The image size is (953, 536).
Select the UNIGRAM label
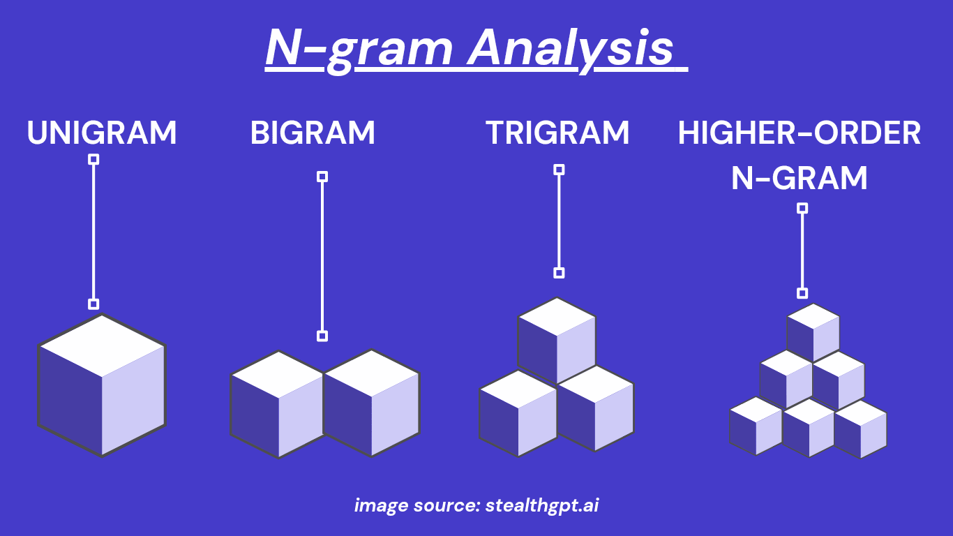point(102,133)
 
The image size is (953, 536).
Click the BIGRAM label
point(313,133)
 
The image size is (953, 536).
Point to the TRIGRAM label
point(557,133)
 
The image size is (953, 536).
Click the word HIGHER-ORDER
point(800,133)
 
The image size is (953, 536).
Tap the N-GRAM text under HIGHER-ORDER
point(800,178)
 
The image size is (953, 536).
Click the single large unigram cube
point(102,385)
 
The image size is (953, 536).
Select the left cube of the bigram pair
point(278,404)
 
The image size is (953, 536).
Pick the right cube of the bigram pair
point(371,403)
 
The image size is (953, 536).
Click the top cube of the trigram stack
point(557,340)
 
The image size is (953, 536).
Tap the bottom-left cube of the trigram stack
point(518,413)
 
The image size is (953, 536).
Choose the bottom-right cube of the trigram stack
point(595,409)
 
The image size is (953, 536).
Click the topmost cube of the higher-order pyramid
point(813,332)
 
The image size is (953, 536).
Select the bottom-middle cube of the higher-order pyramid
point(809,428)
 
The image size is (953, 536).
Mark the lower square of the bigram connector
point(322,336)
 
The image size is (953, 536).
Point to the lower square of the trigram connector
point(559,273)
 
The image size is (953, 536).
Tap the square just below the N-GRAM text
point(802,208)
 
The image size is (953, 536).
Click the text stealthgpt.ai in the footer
point(542,505)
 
